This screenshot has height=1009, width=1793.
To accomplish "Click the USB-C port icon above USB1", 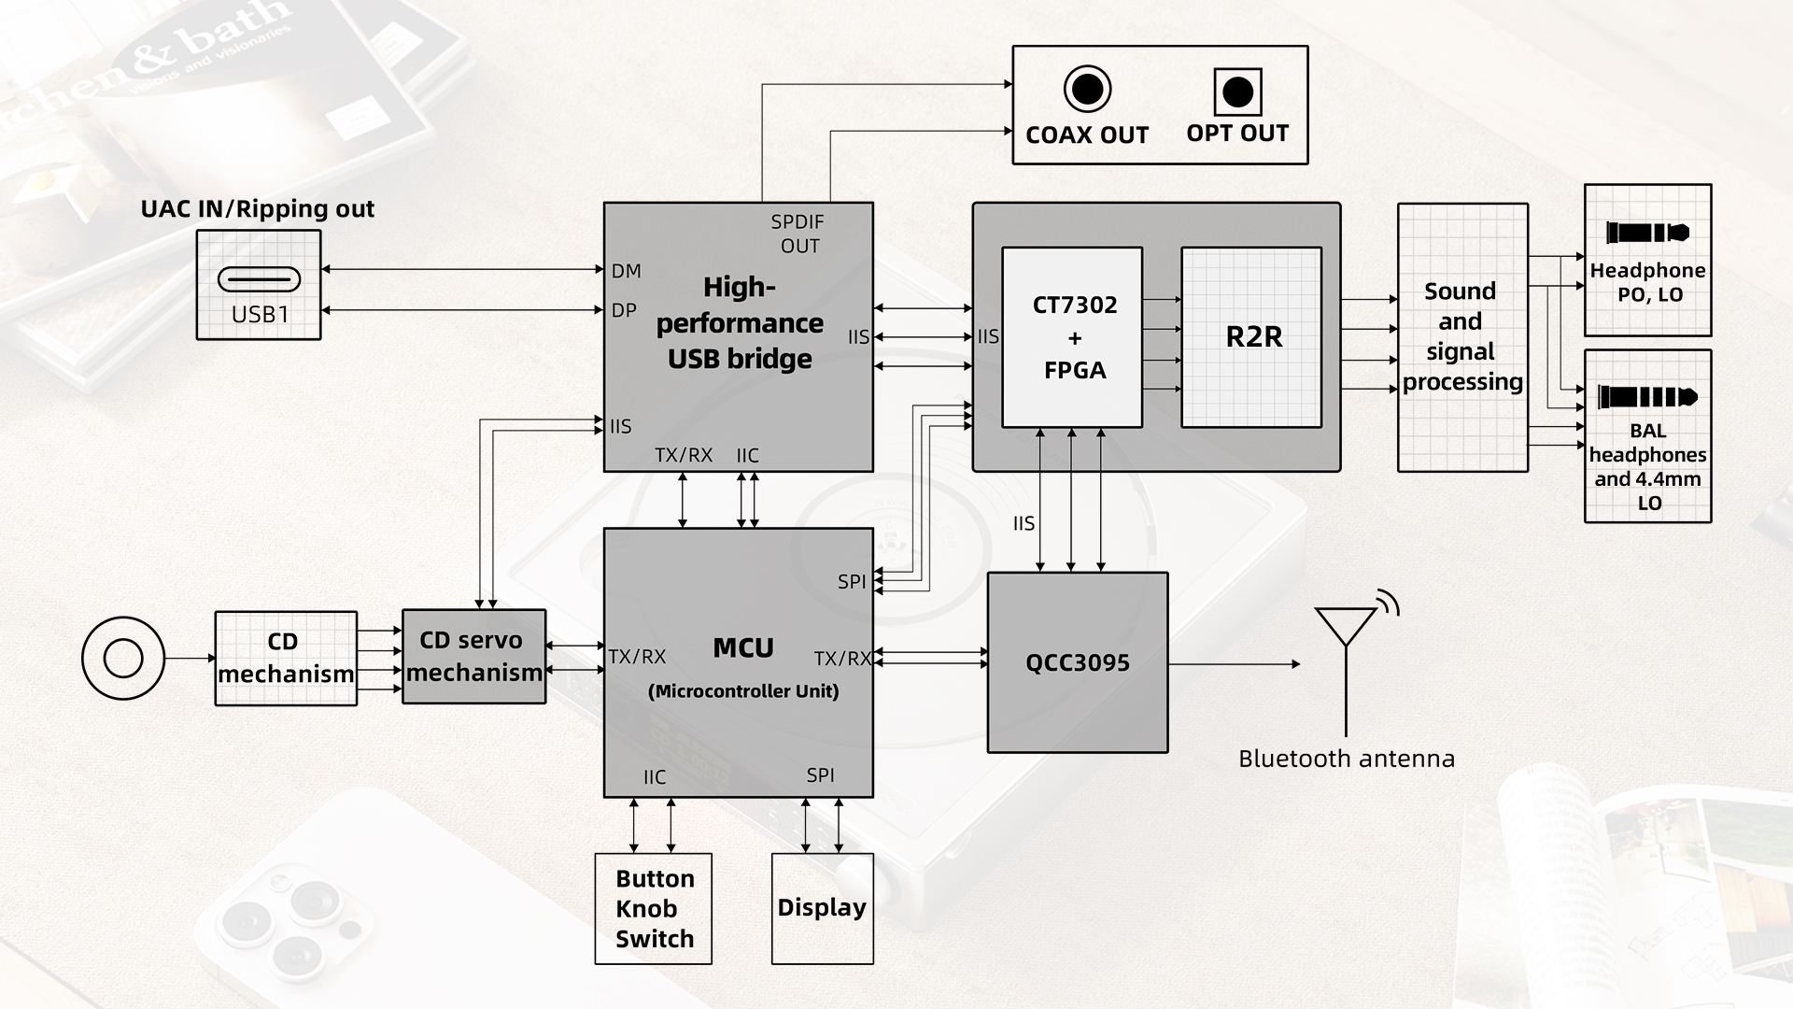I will point(259,278).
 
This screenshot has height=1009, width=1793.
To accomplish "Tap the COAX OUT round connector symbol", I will point(1087,90).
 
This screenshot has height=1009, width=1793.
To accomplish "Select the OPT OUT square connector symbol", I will point(1237,92).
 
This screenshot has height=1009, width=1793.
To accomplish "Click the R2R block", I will point(1251,337).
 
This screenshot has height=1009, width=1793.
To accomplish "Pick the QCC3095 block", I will point(1078,662).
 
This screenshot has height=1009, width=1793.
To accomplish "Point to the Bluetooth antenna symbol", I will point(1347,654).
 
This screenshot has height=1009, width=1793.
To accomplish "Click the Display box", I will point(822,908).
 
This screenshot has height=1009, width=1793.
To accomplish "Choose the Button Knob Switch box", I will point(654,908).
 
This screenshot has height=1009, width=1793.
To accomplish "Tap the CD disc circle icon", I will point(123,658).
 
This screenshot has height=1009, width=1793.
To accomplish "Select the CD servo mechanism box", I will point(473,657).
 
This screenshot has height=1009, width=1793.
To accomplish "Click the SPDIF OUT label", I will point(798,234).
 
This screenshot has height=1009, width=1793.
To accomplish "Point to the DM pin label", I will point(626,271).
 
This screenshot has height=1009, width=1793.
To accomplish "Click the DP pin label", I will point(624,310).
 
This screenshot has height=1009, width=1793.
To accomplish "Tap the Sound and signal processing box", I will point(1461,336).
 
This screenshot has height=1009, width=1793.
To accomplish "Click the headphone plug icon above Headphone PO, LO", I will point(1647,233).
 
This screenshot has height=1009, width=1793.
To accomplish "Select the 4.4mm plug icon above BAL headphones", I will point(1647,397).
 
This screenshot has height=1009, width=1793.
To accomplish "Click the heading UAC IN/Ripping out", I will point(258,208).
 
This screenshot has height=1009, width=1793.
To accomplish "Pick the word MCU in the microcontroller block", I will point(742,647).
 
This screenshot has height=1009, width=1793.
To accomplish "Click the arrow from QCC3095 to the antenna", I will point(1233,664).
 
